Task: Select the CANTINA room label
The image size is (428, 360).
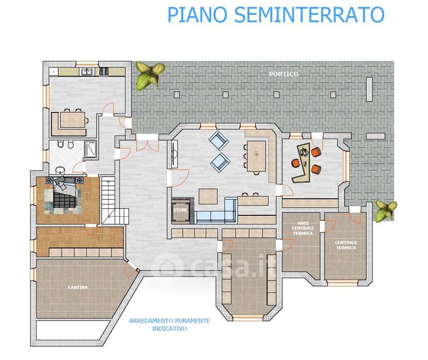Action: point(77,287)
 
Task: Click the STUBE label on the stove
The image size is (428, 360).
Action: point(180,211)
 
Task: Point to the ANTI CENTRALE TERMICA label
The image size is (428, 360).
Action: point(303,228)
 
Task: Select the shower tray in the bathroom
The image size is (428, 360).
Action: point(91,148)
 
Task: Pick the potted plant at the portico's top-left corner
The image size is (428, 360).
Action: point(148,76)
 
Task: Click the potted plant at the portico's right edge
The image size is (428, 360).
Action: point(385,210)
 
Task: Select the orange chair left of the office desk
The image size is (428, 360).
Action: point(295,163)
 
